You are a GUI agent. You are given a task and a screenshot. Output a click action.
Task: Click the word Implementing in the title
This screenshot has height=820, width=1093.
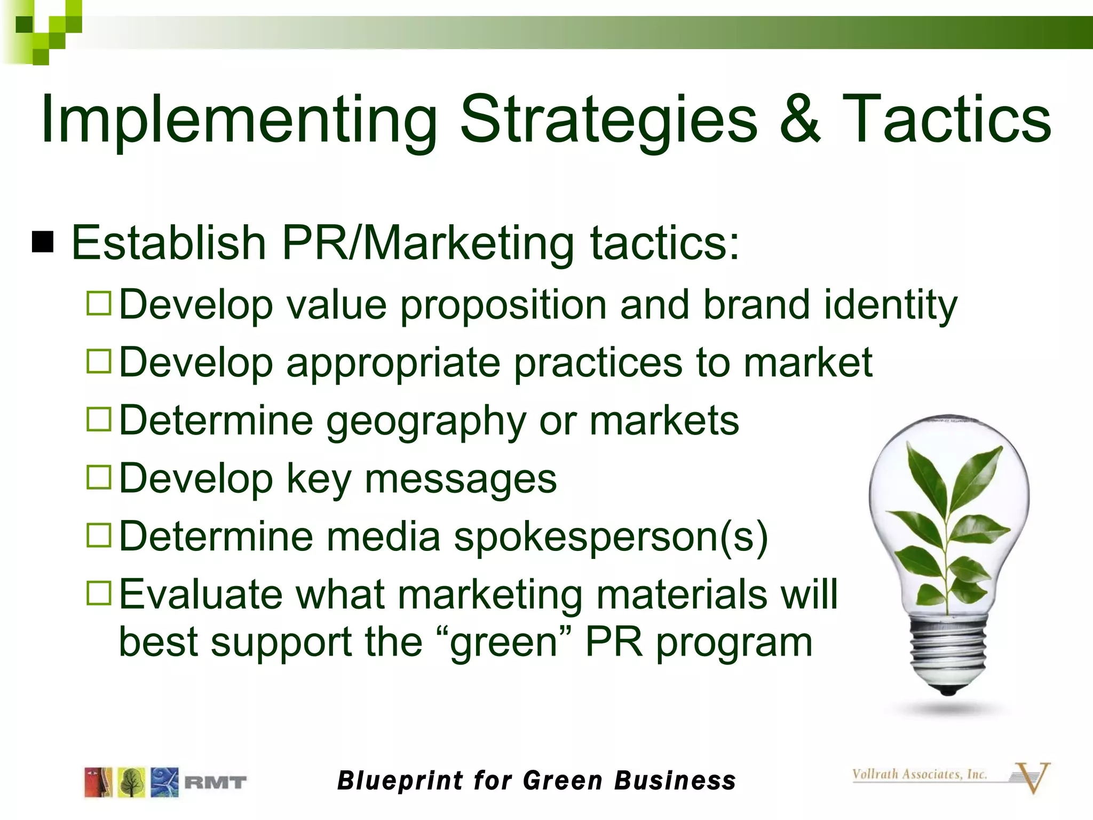click(238, 120)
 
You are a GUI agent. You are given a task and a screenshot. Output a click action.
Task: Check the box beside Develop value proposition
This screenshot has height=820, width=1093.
click(99, 303)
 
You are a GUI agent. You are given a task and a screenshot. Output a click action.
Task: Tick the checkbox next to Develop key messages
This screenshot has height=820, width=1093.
click(99, 477)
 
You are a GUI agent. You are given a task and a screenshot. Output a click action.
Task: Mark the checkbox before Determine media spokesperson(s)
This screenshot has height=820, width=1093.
click(99, 535)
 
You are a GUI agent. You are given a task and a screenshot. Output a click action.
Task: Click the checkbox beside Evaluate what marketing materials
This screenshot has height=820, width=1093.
click(99, 593)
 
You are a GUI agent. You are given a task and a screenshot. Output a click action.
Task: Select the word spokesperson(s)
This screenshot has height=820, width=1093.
click(611, 536)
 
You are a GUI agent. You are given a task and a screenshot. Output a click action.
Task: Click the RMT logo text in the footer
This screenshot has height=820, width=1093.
click(216, 783)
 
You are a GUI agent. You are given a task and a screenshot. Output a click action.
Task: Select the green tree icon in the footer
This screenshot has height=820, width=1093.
click(131, 783)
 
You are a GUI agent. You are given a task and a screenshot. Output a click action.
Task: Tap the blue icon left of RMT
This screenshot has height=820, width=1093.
click(164, 783)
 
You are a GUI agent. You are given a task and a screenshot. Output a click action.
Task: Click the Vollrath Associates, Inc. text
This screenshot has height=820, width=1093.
click(920, 774)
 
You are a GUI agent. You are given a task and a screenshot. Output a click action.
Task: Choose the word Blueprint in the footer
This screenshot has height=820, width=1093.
click(400, 780)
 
